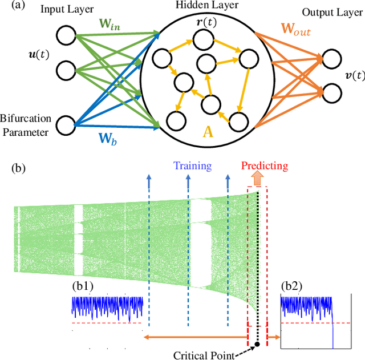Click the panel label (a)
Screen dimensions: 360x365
tap(10, 6)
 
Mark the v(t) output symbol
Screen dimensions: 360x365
tap(350, 76)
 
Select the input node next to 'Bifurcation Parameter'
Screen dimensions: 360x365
tap(67, 125)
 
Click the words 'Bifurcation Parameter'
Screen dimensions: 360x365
tap(26, 125)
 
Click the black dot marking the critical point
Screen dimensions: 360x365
tap(257, 344)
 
